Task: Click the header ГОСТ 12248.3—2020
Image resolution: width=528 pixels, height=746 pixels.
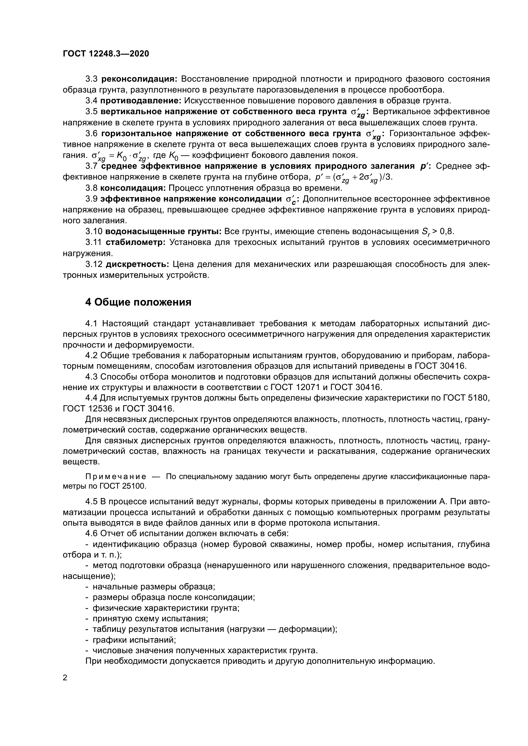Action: point(106,54)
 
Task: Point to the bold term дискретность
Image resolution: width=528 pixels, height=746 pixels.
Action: point(137,264)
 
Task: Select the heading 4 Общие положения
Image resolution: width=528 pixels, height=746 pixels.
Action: point(138,302)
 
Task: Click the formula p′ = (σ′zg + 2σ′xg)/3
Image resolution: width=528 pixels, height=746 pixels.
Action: point(354,178)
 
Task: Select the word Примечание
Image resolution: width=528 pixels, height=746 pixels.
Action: point(116,476)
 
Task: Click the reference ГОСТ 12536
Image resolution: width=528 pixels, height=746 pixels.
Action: point(87,408)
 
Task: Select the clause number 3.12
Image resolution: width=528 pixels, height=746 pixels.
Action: point(94,264)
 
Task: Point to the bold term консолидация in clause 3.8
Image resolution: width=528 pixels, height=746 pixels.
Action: point(133,188)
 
